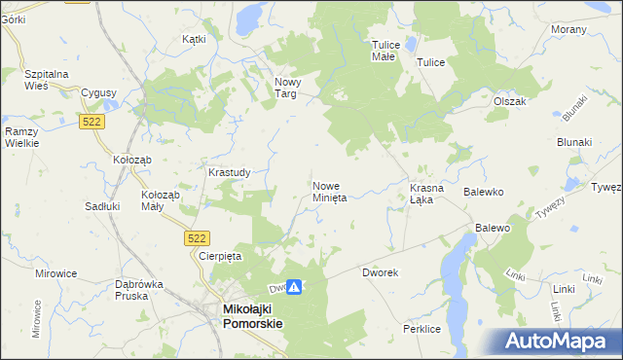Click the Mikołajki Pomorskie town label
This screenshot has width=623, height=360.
coord(252,316)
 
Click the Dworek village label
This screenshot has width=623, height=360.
coord(381,273)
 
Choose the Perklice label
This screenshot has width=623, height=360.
coord(422,331)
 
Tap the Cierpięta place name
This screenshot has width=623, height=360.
coord(219,256)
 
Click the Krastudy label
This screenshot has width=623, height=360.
coord(230,172)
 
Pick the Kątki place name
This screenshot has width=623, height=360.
coord(195,40)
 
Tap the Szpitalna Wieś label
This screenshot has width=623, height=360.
coord(50,79)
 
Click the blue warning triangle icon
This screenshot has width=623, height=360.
coord(294,288)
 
